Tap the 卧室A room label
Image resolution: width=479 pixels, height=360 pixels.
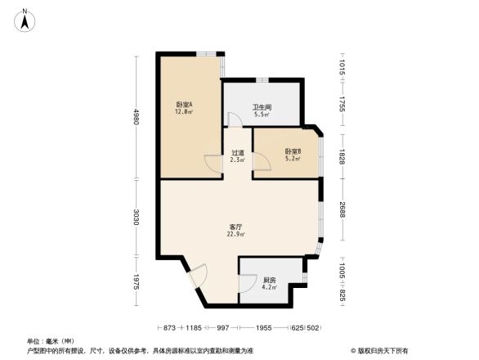[x=183, y=105]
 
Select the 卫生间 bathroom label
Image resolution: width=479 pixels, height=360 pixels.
[x=261, y=107]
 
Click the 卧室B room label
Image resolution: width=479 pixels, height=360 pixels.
[x=293, y=151]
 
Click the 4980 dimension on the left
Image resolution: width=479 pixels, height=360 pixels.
[x=137, y=117]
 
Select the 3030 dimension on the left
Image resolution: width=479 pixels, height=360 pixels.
[x=137, y=218]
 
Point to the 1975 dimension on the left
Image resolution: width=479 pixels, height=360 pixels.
[x=137, y=281]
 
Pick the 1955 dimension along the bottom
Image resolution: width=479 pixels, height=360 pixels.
[x=264, y=327]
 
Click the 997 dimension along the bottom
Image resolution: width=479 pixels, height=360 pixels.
[x=222, y=327]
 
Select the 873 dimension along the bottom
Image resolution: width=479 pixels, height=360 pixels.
[x=170, y=327]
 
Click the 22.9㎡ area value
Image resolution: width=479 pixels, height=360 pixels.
[x=236, y=235]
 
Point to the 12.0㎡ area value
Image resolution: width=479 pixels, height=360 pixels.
[x=183, y=112]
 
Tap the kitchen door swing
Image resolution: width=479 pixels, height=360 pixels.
[x=245, y=283]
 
